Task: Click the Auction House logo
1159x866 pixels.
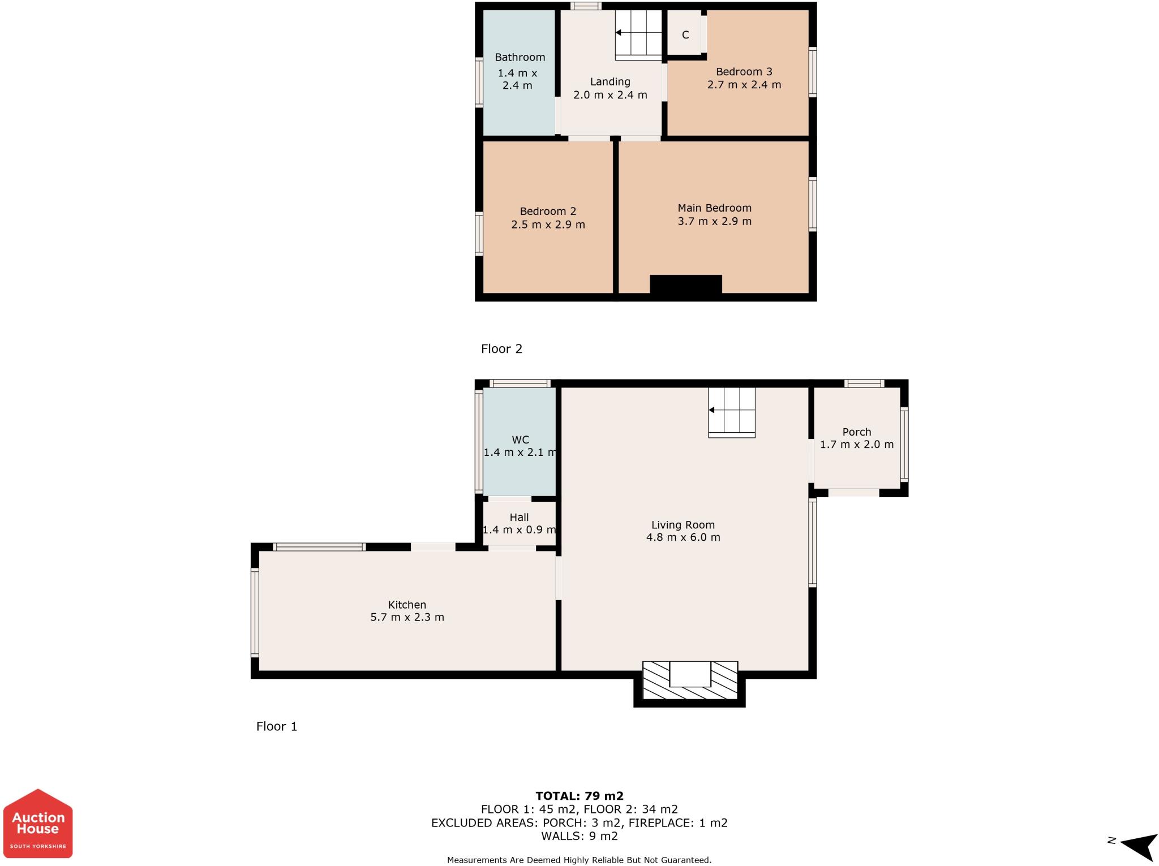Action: click(x=38, y=823)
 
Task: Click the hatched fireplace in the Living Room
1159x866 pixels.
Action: click(x=689, y=682)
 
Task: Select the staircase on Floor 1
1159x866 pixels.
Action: click(x=732, y=412)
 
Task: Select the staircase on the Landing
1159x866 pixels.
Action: click(x=638, y=35)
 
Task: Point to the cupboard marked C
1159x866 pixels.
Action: click(x=685, y=35)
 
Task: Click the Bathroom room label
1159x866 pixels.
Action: click(x=520, y=57)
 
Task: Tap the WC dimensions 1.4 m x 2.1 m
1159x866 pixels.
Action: click(x=520, y=453)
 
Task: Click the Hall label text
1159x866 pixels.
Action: click(x=519, y=517)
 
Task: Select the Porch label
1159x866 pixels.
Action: click(x=856, y=432)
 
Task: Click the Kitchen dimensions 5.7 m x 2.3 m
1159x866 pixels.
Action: click(x=407, y=617)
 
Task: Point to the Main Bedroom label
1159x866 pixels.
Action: click(x=714, y=208)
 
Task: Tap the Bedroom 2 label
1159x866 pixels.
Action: click(x=548, y=211)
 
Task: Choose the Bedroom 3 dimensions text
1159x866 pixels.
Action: click(x=744, y=85)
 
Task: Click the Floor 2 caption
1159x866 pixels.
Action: click(x=501, y=348)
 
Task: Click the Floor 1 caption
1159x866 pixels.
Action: click(x=276, y=726)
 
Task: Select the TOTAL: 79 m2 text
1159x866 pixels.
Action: click(x=579, y=796)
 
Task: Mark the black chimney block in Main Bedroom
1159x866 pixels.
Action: click(x=685, y=285)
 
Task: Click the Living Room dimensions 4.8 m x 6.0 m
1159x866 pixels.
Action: click(x=683, y=537)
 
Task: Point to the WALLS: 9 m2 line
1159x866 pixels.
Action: click(x=579, y=835)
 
